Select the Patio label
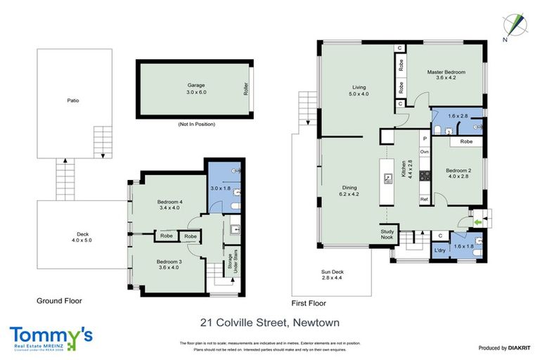point(72,101)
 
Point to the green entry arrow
point(478,223)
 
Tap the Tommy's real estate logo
point(51,337)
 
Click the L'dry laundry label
point(439,250)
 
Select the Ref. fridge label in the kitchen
point(425,199)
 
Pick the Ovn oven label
point(425,151)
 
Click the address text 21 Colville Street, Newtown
point(269,323)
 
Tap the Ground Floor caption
point(59,300)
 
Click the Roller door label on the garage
point(245,89)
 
